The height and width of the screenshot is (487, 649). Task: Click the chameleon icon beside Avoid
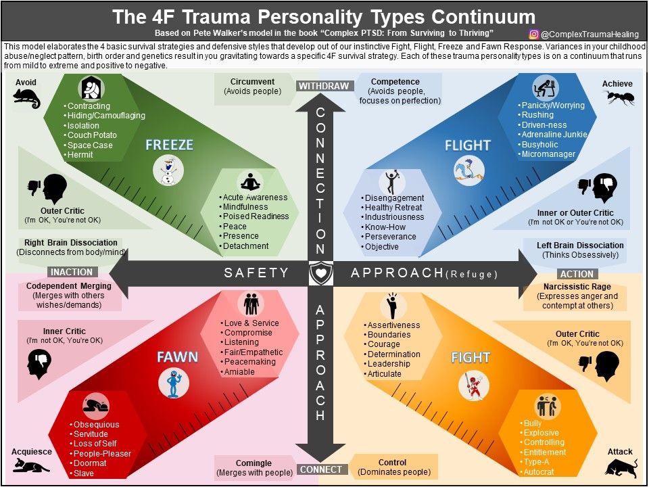coord(26,99)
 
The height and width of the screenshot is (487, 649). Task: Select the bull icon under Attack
coord(621,467)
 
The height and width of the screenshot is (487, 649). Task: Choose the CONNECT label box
coord(320,469)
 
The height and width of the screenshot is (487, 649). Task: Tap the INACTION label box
coord(72,272)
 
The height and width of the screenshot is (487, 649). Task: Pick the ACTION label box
coord(577,274)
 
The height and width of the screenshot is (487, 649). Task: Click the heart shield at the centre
coord(320,273)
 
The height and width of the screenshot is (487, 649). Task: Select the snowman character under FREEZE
coord(168,170)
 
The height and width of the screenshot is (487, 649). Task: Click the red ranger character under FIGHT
coord(473,386)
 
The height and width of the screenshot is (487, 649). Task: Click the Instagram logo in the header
coord(534,34)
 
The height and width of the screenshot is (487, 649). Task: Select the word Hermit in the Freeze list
coord(80,155)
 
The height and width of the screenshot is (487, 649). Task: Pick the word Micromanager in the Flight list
coord(548,154)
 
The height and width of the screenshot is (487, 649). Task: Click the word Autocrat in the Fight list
coord(539,471)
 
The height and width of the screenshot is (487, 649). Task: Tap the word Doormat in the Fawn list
coord(90,463)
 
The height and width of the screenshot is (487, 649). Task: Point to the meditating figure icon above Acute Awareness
coord(249,182)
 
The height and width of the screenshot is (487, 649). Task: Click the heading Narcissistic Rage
coord(577,287)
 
